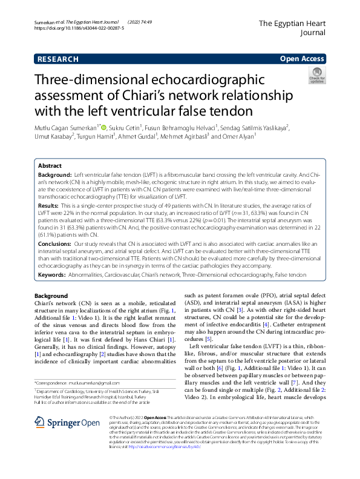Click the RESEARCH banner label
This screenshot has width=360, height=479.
pos(57,59)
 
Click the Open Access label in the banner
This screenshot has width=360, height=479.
pos(303,59)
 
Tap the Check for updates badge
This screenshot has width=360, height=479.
pos(317,75)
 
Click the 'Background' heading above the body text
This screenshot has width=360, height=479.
pos(51,296)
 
